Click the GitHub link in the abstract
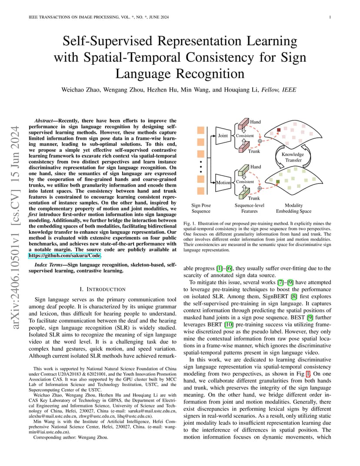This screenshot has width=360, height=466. pyautogui.click(x=65, y=256)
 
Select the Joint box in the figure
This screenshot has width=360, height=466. pyautogui.click(x=223, y=136)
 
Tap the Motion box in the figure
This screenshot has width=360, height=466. pyautogui.click(x=223, y=183)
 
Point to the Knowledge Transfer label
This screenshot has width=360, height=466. pyautogui.click(x=293, y=157)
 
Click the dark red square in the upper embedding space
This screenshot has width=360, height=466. pyautogui.click(x=279, y=130)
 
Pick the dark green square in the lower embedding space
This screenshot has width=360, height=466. pyautogui.click(x=278, y=182)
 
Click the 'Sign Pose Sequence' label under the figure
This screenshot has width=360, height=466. pyautogui.click(x=201, y=208)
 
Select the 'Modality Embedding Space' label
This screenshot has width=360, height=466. pyautogui.click(x=294, y=208)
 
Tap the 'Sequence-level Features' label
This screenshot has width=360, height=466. pyautogui.click(x=250, y=208)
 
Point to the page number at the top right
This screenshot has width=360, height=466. pyautogui.click(x=330, y=17)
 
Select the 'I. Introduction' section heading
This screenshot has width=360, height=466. pyautogui.click(x=103, y=289)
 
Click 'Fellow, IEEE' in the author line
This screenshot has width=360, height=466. pyautogui.click(x=279, y=90)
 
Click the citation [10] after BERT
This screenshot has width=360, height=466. pyautogui.click(x=229, y=325)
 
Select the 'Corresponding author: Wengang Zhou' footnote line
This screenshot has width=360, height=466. pyautogui.click(x=71, y=437)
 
